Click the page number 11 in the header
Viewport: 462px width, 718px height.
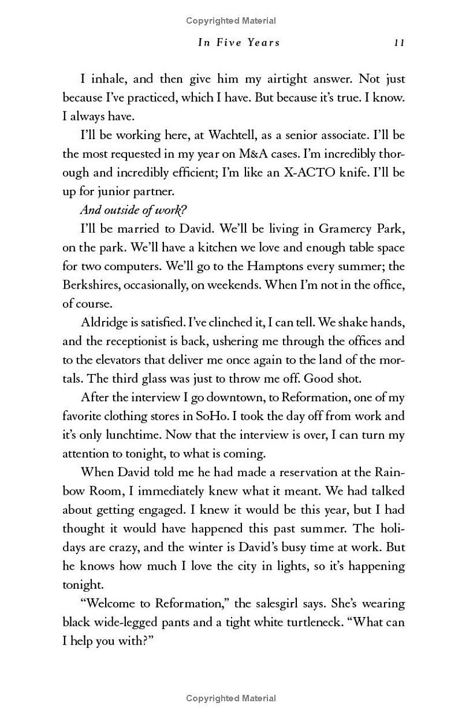(399, 42)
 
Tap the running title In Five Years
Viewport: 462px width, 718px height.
(239, 42)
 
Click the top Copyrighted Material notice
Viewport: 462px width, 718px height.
(231, 21)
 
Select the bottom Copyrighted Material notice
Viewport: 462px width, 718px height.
(231, 698)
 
